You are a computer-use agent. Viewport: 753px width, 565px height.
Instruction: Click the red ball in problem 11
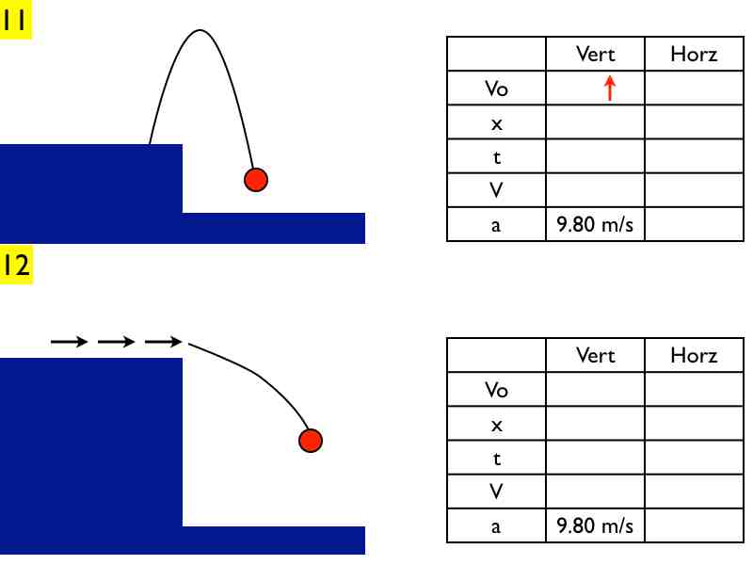256,180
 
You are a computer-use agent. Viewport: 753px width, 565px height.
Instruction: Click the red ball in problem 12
311,441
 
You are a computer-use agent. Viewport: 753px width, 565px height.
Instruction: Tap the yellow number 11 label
15,19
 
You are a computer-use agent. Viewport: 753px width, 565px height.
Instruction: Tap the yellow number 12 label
16,265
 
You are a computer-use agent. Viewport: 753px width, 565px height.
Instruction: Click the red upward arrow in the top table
610,88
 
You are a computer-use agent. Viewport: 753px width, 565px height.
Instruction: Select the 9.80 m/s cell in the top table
595,224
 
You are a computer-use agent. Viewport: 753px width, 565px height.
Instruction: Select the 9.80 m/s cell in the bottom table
595,525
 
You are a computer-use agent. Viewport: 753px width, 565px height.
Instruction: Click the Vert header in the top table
596,54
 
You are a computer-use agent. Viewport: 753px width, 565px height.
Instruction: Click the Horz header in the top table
694,54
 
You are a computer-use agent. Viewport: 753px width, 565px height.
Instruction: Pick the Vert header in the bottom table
596,356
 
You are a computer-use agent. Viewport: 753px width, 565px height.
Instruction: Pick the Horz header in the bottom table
694,356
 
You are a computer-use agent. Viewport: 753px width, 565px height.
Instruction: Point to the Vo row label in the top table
497,89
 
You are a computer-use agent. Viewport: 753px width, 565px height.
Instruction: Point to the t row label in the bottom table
497,459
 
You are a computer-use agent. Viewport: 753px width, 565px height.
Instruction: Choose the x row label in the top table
497,124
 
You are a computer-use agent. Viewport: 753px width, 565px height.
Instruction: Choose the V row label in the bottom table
496,492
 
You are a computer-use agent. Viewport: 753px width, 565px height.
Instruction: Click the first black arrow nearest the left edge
69,342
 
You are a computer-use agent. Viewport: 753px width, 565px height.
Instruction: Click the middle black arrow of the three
116,342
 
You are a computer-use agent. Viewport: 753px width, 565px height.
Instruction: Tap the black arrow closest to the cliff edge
163,342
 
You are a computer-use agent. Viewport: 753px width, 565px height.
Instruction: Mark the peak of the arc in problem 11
200,31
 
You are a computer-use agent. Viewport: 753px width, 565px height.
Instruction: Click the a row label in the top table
496,225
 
